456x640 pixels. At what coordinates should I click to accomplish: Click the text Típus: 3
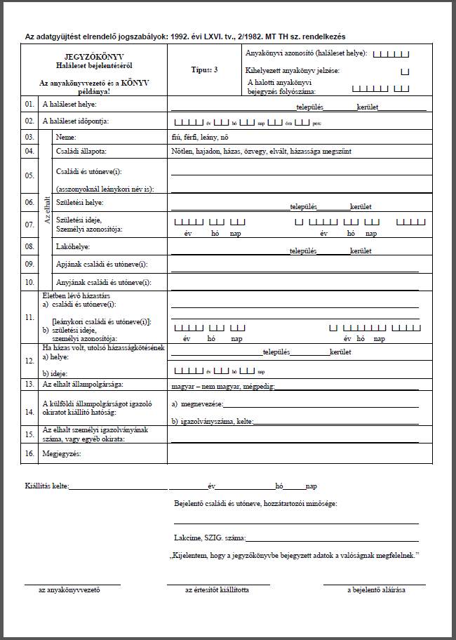[204, 70]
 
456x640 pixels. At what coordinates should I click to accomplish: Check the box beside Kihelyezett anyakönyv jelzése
[404, 72]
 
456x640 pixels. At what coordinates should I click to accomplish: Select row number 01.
[29, 105]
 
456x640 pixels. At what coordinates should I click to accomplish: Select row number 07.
[29, 225]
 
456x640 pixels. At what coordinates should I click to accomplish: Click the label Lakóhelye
[73, 247]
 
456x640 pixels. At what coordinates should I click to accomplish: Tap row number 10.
[29, 282]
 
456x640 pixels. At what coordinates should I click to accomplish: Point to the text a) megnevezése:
[197, 405]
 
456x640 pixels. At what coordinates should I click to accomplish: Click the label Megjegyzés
[62, 454]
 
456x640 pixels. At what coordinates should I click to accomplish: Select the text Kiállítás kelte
[46, 486]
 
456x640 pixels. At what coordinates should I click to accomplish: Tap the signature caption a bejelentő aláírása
[376, 590]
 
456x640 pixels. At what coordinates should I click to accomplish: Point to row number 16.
[29, 454]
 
